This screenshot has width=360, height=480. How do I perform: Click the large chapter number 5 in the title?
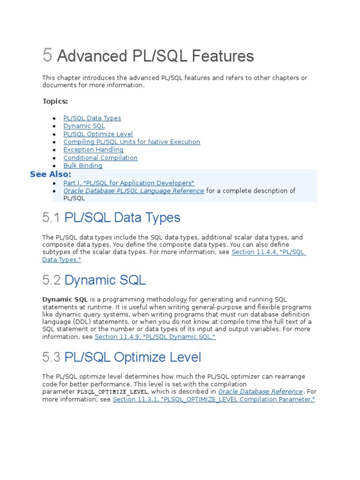(x=47, y=55)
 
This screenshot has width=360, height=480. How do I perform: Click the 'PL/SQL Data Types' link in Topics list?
(x=92, y=118)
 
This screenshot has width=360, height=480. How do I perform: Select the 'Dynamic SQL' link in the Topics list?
(x=84, y=126)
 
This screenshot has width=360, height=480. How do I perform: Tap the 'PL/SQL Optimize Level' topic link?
(x=98, y=134)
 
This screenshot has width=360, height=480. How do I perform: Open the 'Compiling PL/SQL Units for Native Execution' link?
(x=132, y=142)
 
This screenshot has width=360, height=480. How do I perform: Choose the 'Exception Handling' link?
(x=93, y=150)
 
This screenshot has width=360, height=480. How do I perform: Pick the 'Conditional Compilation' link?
(x=100, y=158)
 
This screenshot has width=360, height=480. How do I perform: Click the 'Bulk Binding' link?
(x=82, y=166)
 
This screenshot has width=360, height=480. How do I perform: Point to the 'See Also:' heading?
(x=51, y=174)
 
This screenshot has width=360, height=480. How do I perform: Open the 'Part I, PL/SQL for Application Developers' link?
(x=129, y=183)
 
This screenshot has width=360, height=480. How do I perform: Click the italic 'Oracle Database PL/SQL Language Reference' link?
(x=134, y=191)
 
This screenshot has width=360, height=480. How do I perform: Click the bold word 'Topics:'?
(x=55, y=101)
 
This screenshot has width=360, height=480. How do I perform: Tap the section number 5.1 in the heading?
(x=52, y=218)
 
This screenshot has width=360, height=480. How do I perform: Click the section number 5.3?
(x=52, y=358)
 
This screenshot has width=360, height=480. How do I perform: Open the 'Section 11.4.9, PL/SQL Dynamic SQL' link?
(x=155, y=337)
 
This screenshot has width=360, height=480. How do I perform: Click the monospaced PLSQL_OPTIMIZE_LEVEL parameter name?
(x=112, y=392)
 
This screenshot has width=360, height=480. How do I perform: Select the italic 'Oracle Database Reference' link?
(x=261, y=391)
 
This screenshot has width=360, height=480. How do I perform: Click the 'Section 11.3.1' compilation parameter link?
(x=214, y=399)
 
